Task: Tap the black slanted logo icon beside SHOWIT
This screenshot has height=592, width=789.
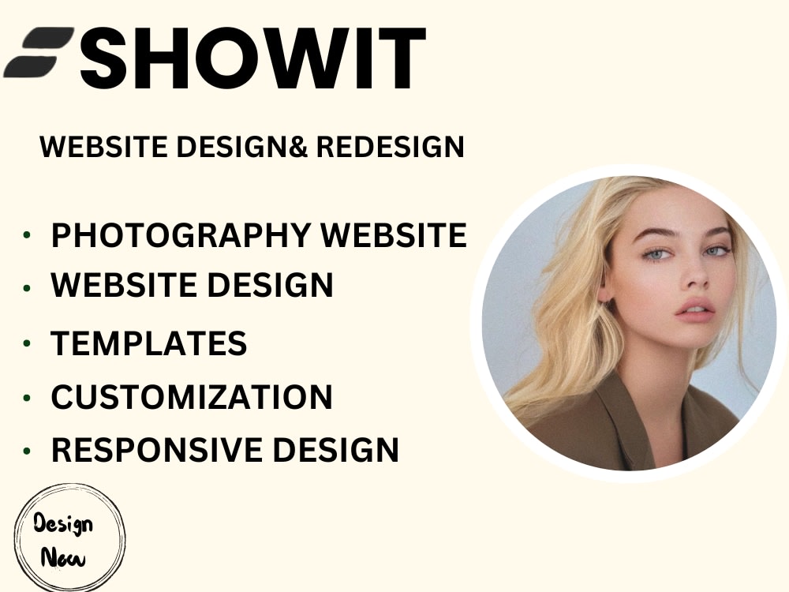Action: click(39, 52)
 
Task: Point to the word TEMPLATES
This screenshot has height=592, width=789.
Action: click(149, 343)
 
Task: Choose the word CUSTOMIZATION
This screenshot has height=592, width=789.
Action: click(192, 397)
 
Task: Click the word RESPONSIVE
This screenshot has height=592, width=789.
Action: click(158, 450)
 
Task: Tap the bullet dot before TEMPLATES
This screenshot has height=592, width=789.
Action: click(28, 343)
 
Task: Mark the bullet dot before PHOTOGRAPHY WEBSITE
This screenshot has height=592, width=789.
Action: click(28, 235)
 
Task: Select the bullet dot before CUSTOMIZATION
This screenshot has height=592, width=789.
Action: click(28, 397)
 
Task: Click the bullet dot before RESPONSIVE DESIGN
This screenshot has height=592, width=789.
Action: click(28, 451)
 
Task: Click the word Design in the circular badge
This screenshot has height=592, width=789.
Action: click(63, 523)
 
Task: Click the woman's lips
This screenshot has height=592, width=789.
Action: click(694, 309)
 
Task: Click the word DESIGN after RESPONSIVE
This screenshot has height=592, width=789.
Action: click(336, 450)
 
